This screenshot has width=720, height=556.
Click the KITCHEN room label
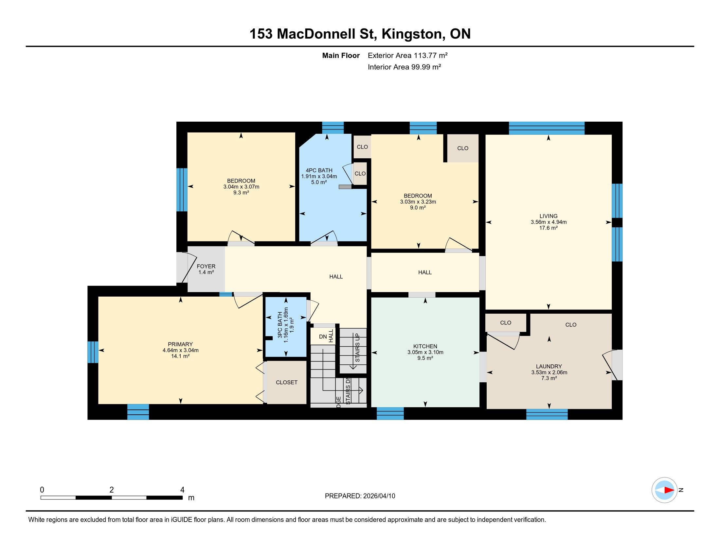[425, 346]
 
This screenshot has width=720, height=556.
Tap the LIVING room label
[548, 216]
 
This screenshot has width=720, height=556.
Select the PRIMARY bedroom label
[180, 344]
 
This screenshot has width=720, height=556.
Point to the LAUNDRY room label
[549, 366]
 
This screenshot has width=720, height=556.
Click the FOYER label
[206, 267]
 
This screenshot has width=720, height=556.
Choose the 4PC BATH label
[319, 170]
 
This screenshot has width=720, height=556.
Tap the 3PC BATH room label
[280, 325]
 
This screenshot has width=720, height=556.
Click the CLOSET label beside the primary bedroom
[286, 382]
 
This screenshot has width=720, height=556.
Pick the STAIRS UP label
[358, 347]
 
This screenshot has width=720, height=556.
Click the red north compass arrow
[669, 490]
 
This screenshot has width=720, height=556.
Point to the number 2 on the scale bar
[112, 490]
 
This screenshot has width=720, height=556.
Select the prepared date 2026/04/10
[378, 496]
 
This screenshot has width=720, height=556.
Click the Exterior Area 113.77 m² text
[407, 55]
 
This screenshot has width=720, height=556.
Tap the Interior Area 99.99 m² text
[404, 67]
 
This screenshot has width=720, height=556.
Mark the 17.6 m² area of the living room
[548, 228]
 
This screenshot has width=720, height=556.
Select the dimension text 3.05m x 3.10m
[425, 352]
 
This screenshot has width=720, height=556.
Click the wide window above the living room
[547, 128]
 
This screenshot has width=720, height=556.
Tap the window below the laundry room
[547, 414]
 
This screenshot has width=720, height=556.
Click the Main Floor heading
[341, 55]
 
